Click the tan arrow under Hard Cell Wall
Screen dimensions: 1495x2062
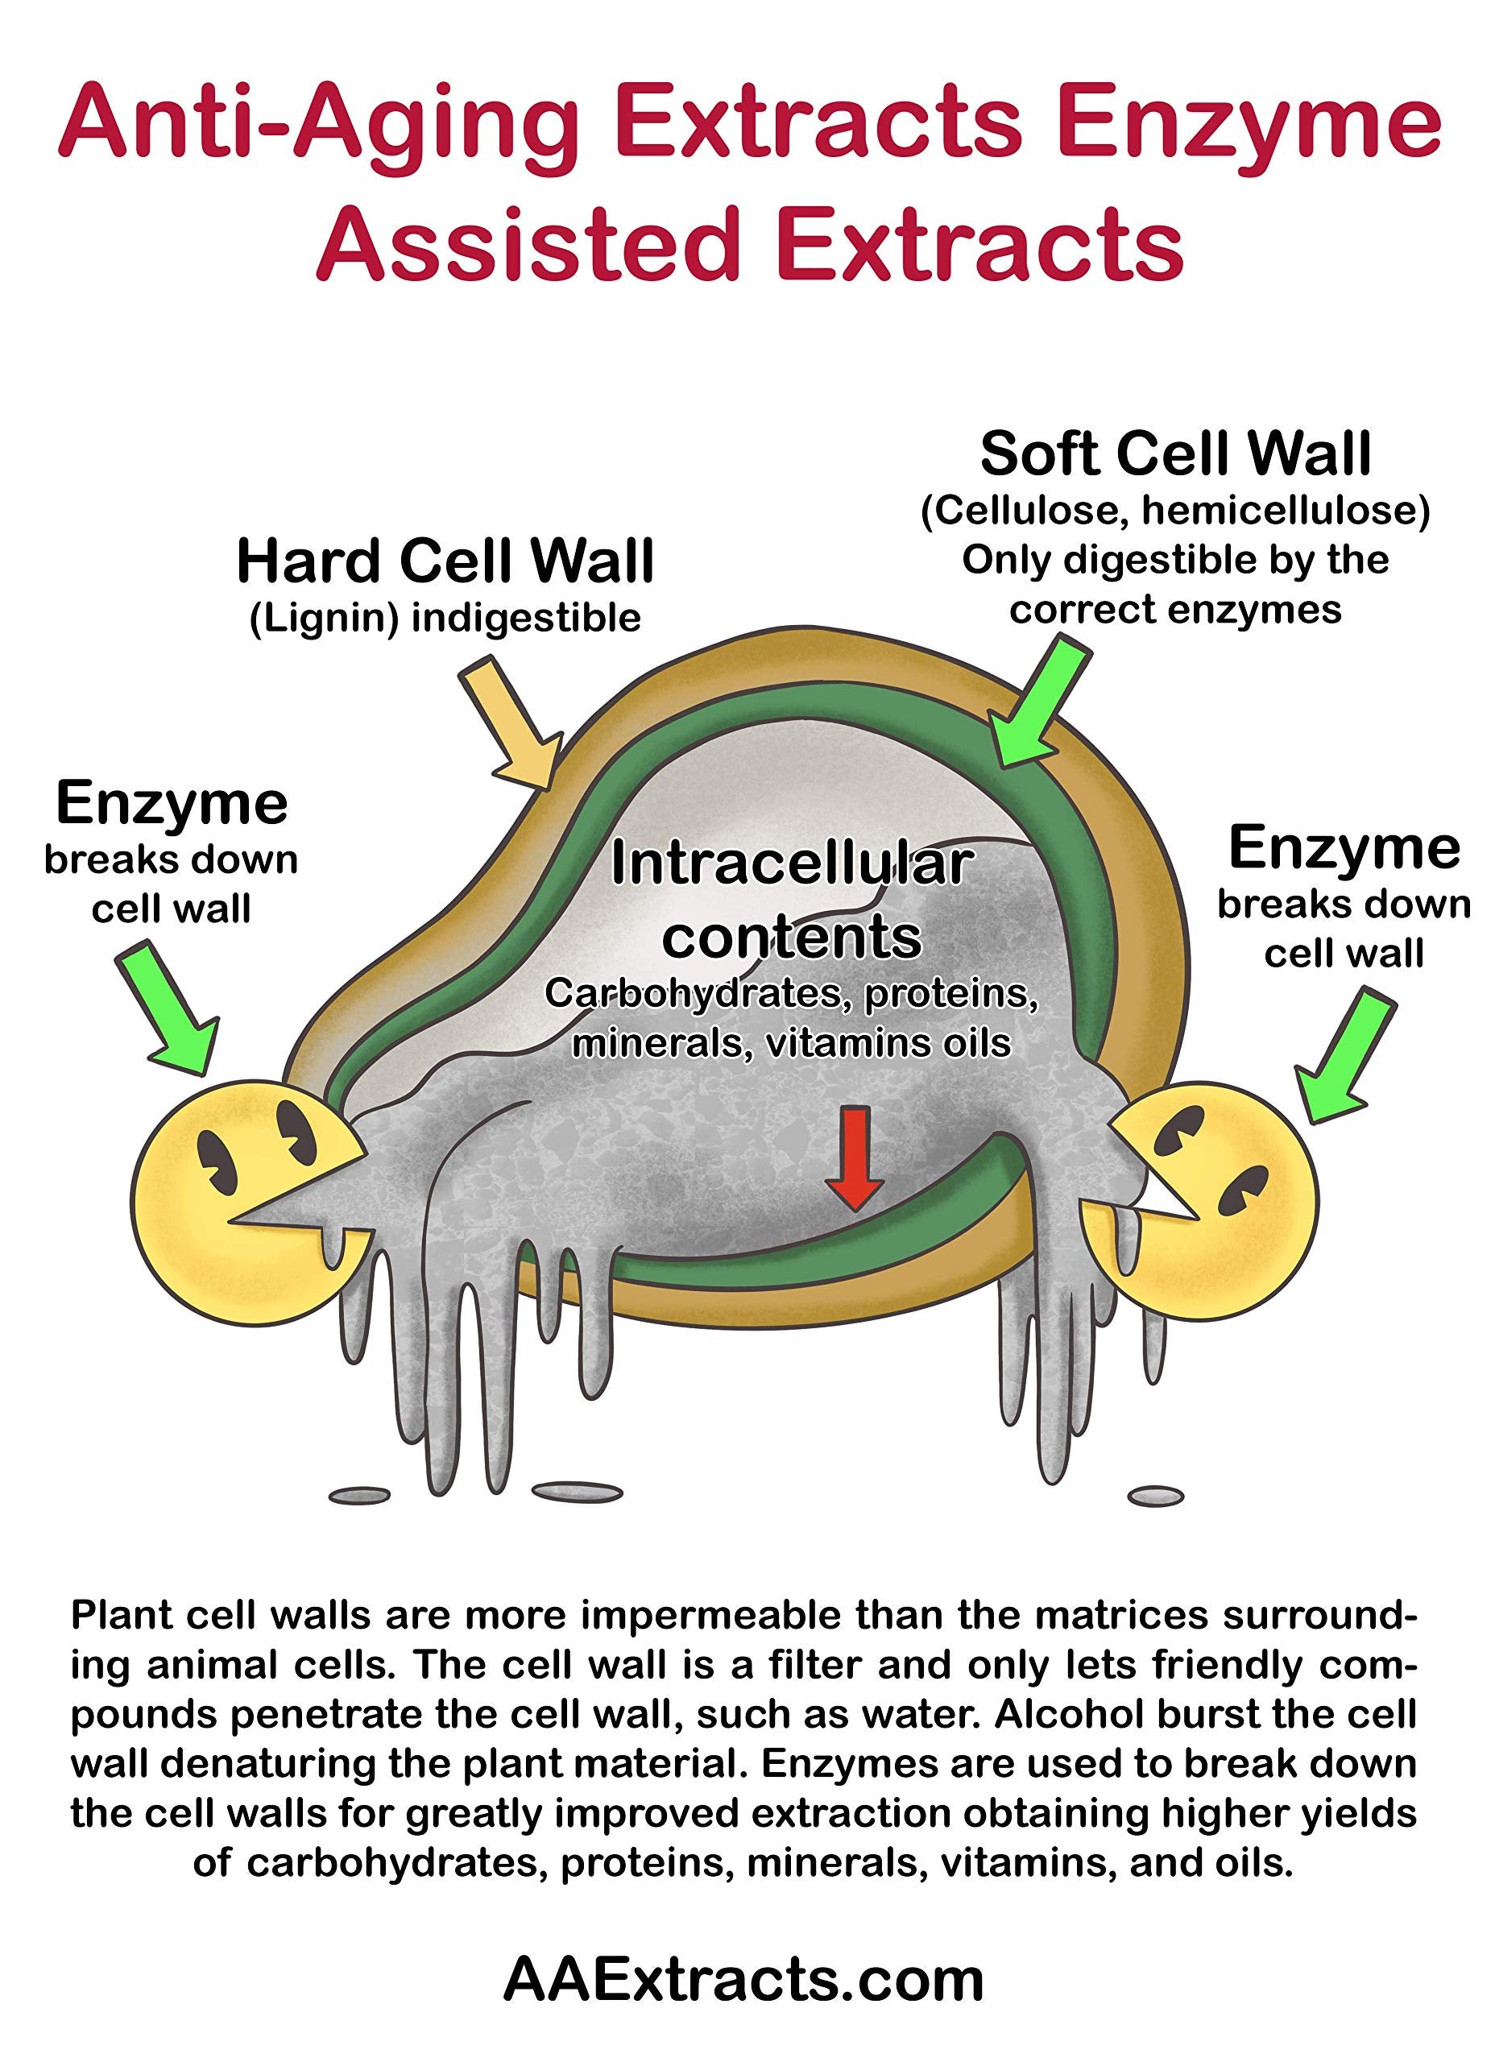click(x=508, y=723)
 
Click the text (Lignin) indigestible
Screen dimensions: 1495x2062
click(x=445, y=619)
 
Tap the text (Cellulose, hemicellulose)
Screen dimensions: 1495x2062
click(x=1175, y=511)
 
